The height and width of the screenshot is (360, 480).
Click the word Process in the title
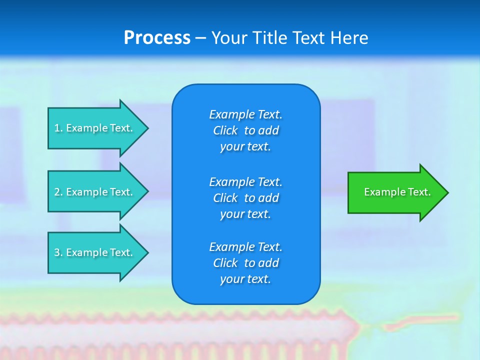157,38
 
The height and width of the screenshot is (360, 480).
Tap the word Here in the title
348,38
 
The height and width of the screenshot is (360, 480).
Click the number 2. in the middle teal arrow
58,192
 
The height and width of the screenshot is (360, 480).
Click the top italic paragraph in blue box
245,130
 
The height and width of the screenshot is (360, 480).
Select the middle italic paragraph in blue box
245,198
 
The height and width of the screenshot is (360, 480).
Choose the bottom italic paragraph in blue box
245,263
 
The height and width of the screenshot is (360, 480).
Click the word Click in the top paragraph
225,130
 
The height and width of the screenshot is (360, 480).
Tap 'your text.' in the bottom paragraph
245,279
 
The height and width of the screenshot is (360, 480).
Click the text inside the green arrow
397,192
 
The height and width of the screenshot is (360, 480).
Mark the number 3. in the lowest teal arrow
58,252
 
